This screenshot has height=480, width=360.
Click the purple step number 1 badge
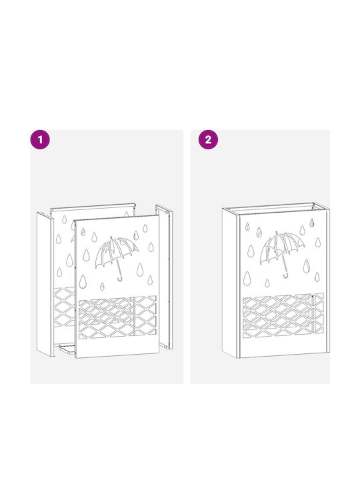point(40,139)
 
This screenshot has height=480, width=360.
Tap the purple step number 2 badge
point(208,139)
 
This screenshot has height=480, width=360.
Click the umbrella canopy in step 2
point(281,247)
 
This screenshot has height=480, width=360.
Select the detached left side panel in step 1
point(45,284)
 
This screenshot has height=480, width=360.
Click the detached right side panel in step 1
point(165,277)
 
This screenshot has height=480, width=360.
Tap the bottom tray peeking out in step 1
point(67,349)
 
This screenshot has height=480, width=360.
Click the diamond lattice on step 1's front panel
point(117,317)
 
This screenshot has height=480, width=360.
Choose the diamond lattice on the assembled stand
point(283,315)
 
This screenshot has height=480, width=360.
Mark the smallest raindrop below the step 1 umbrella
point(102,287)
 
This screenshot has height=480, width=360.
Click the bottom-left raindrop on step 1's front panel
point(83,281)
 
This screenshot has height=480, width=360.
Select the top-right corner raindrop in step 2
point(311,223)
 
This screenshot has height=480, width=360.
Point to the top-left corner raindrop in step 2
point(247,227)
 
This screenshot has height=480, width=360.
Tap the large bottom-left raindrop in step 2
point(247,279)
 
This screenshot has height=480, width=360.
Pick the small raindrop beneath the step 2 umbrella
point(267,283)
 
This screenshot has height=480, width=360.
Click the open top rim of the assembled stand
point(275,208)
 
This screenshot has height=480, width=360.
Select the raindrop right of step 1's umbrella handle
point(140,270)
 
